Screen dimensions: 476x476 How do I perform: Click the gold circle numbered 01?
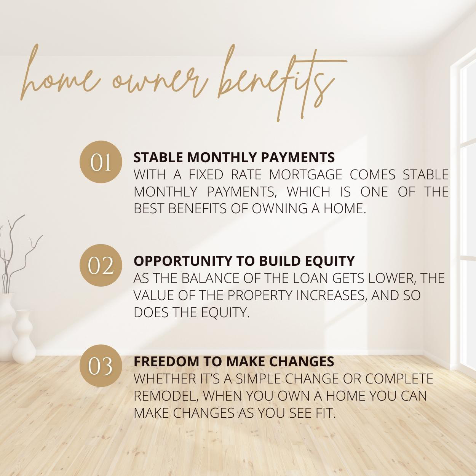pos(101,162)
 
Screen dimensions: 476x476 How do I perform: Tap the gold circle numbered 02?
pos(101,265)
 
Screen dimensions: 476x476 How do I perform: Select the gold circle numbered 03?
pos(101,366)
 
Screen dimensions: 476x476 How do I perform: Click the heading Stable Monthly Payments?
pos(234,157)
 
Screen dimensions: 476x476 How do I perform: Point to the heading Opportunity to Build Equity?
pos(244,261)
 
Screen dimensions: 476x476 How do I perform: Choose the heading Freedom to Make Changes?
pos(234,361)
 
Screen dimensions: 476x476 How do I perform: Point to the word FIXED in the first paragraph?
pos(206,175)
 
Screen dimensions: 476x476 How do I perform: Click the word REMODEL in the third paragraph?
pos(167,396)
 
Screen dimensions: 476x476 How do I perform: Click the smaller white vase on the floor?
pos(24,337)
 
